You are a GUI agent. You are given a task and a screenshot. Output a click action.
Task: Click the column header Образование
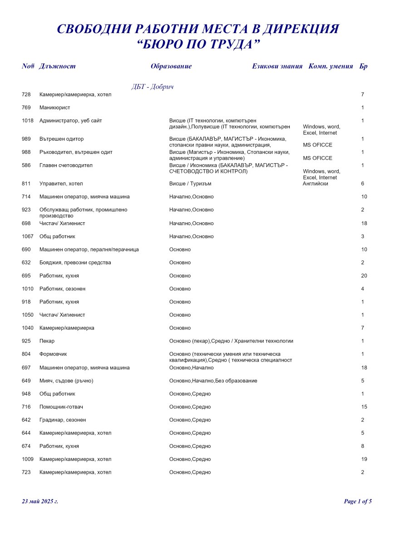coord(171,66)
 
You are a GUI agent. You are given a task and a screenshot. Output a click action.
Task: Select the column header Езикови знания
coord(277,66)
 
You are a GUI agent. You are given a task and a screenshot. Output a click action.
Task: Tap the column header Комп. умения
coord(331,66)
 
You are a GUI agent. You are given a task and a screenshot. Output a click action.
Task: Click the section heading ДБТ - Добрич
coord(153,87)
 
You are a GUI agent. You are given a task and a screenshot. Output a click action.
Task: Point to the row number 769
coord(26,108)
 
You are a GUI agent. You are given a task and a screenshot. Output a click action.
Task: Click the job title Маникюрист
coord(55,108)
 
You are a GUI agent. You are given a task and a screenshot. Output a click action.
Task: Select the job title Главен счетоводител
coord(66,166)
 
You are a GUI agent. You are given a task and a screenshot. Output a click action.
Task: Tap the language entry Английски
coord(315,184)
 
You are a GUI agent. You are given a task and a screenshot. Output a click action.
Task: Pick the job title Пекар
coord(47,341)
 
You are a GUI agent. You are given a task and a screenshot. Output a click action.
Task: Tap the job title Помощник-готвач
coord(61,407)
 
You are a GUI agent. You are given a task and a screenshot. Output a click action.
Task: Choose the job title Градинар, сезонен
coord(63,420)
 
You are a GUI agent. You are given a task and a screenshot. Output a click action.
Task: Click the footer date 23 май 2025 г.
coord(40,501)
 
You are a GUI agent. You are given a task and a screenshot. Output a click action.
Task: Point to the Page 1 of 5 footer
coord(358,501)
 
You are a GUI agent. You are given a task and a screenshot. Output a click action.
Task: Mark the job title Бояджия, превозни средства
coord(75,263)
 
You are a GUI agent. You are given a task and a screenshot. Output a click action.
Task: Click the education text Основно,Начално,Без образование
coord(213,381)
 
